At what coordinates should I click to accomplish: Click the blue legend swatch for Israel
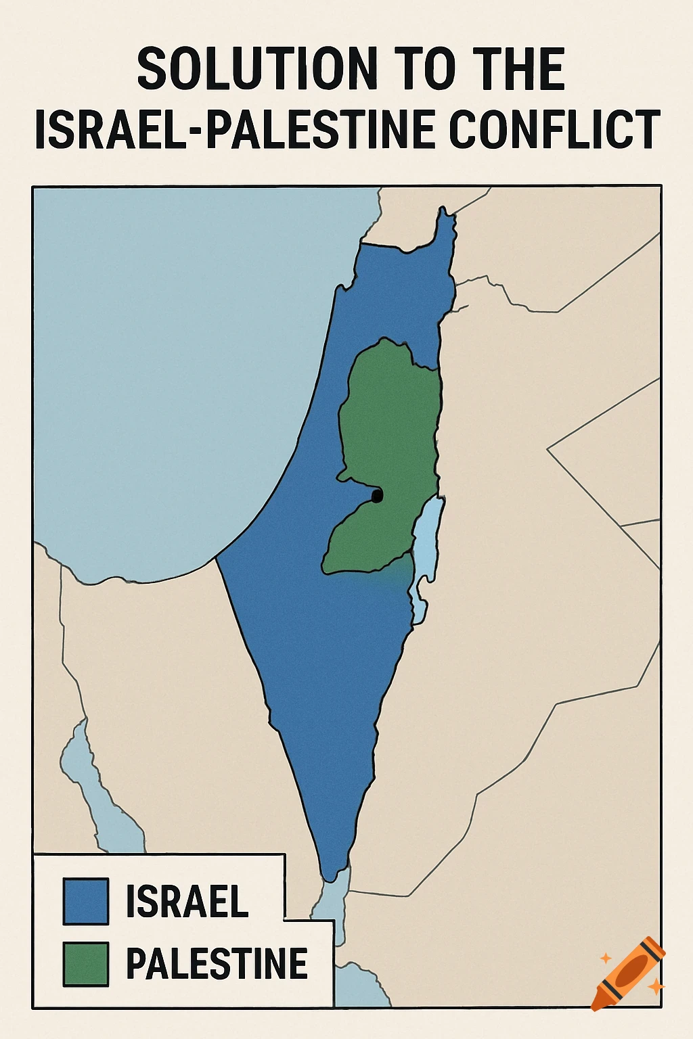(86, 901)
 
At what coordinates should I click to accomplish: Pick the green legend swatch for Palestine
(86, 964)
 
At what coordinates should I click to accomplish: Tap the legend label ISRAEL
(187, 901)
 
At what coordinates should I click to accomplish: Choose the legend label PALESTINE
(217, 964)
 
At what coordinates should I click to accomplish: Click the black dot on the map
(377, 496)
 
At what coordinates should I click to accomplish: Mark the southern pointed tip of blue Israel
(330, 877)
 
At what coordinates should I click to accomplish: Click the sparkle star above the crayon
(606, 958)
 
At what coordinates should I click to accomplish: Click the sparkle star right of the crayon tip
(654, 988)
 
